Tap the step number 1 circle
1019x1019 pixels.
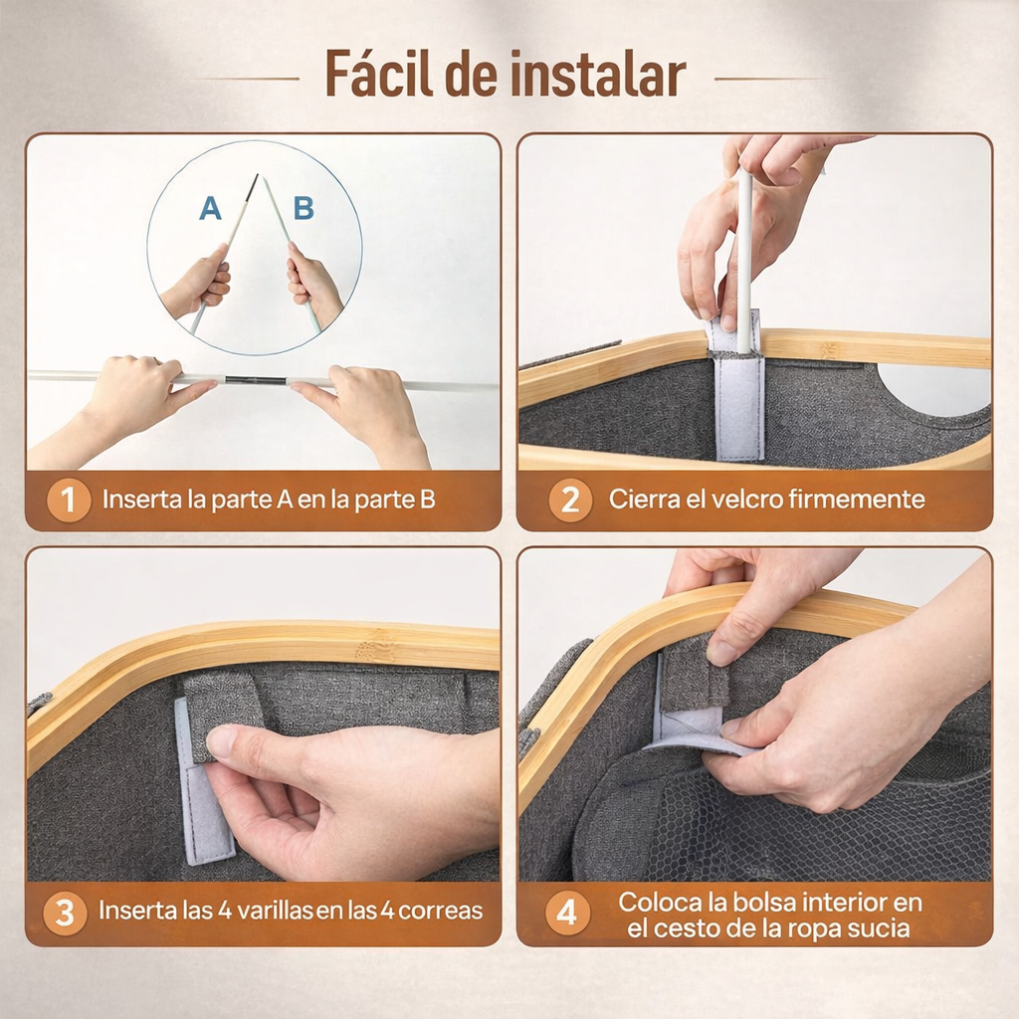pos(68,500)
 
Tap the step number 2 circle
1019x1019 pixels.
pos(569,500)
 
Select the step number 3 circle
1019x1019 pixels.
pos(65,913)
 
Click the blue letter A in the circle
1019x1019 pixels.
pos(210,208)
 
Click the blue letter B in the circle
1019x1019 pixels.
pos(304,208)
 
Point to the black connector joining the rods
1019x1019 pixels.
pos(253,380)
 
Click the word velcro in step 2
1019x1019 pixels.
pos(748,499)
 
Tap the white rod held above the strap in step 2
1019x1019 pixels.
pos(743,249)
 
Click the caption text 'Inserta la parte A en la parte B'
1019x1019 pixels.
pos(269,500)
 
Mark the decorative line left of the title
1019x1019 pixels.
pos(249,78)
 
